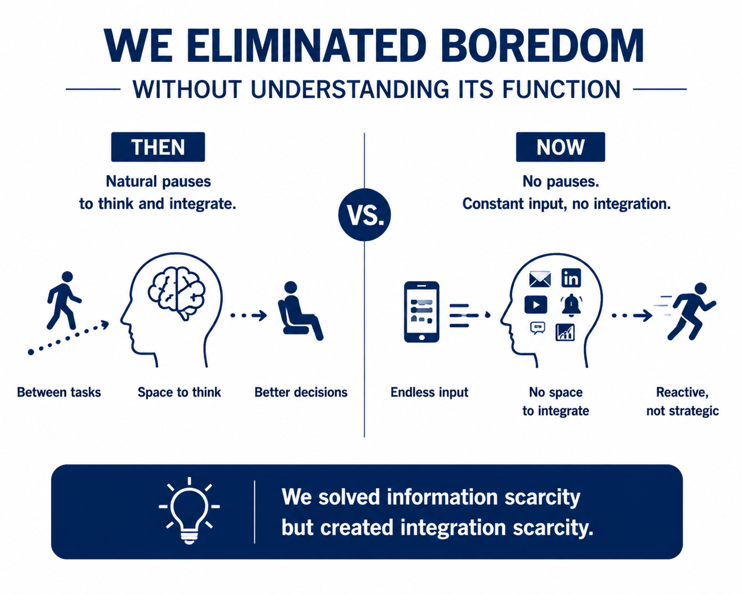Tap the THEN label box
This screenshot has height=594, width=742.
tap(158, 147)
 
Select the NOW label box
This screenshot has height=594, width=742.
tap(560, 147)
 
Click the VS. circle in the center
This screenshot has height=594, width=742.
tap(365, 214)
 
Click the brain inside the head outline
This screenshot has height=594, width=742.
tap(177, 293)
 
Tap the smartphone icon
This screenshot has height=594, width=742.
tap(421, 312)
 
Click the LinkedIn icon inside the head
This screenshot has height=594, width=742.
tap(571, 278)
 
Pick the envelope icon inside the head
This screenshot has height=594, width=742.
tap(540, 280)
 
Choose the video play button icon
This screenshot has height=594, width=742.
tap(536, 304)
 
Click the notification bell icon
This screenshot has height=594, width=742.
tap(572, 304)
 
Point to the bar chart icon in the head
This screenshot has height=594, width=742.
tap(565, 332)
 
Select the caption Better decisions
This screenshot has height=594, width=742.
tap(301, 392)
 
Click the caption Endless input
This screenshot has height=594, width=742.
tap(429, 392)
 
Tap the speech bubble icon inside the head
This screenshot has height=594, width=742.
tap(538, 328)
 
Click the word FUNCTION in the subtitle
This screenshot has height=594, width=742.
tap(562, 89)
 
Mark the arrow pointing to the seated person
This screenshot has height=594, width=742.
tap(249, 316)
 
